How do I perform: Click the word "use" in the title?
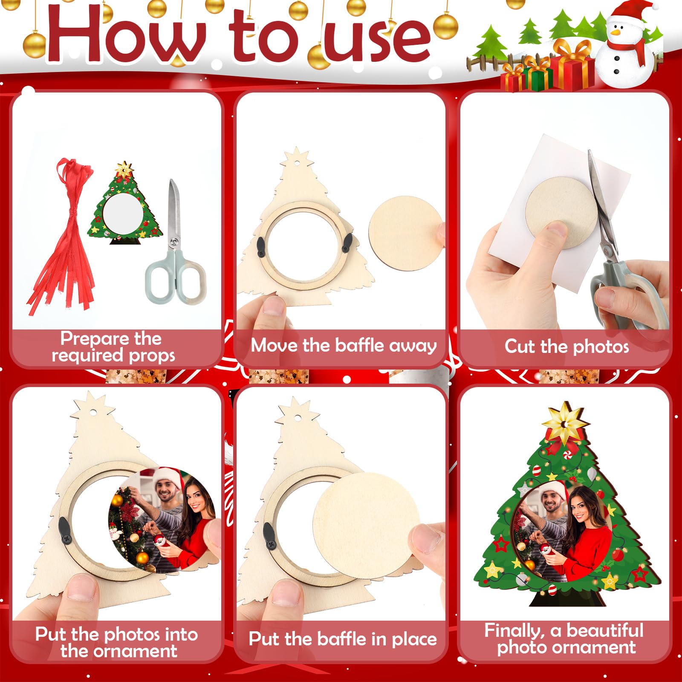pos(377,40)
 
